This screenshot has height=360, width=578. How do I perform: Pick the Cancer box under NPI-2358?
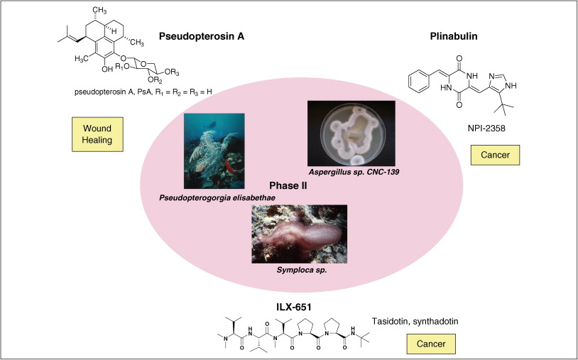[x=496, y=155]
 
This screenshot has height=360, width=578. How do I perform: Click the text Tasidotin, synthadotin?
[x=417, y=321]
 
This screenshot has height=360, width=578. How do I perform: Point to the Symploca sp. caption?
[x=298, y=269]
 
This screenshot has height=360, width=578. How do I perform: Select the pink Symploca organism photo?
[x=299, y=234]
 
